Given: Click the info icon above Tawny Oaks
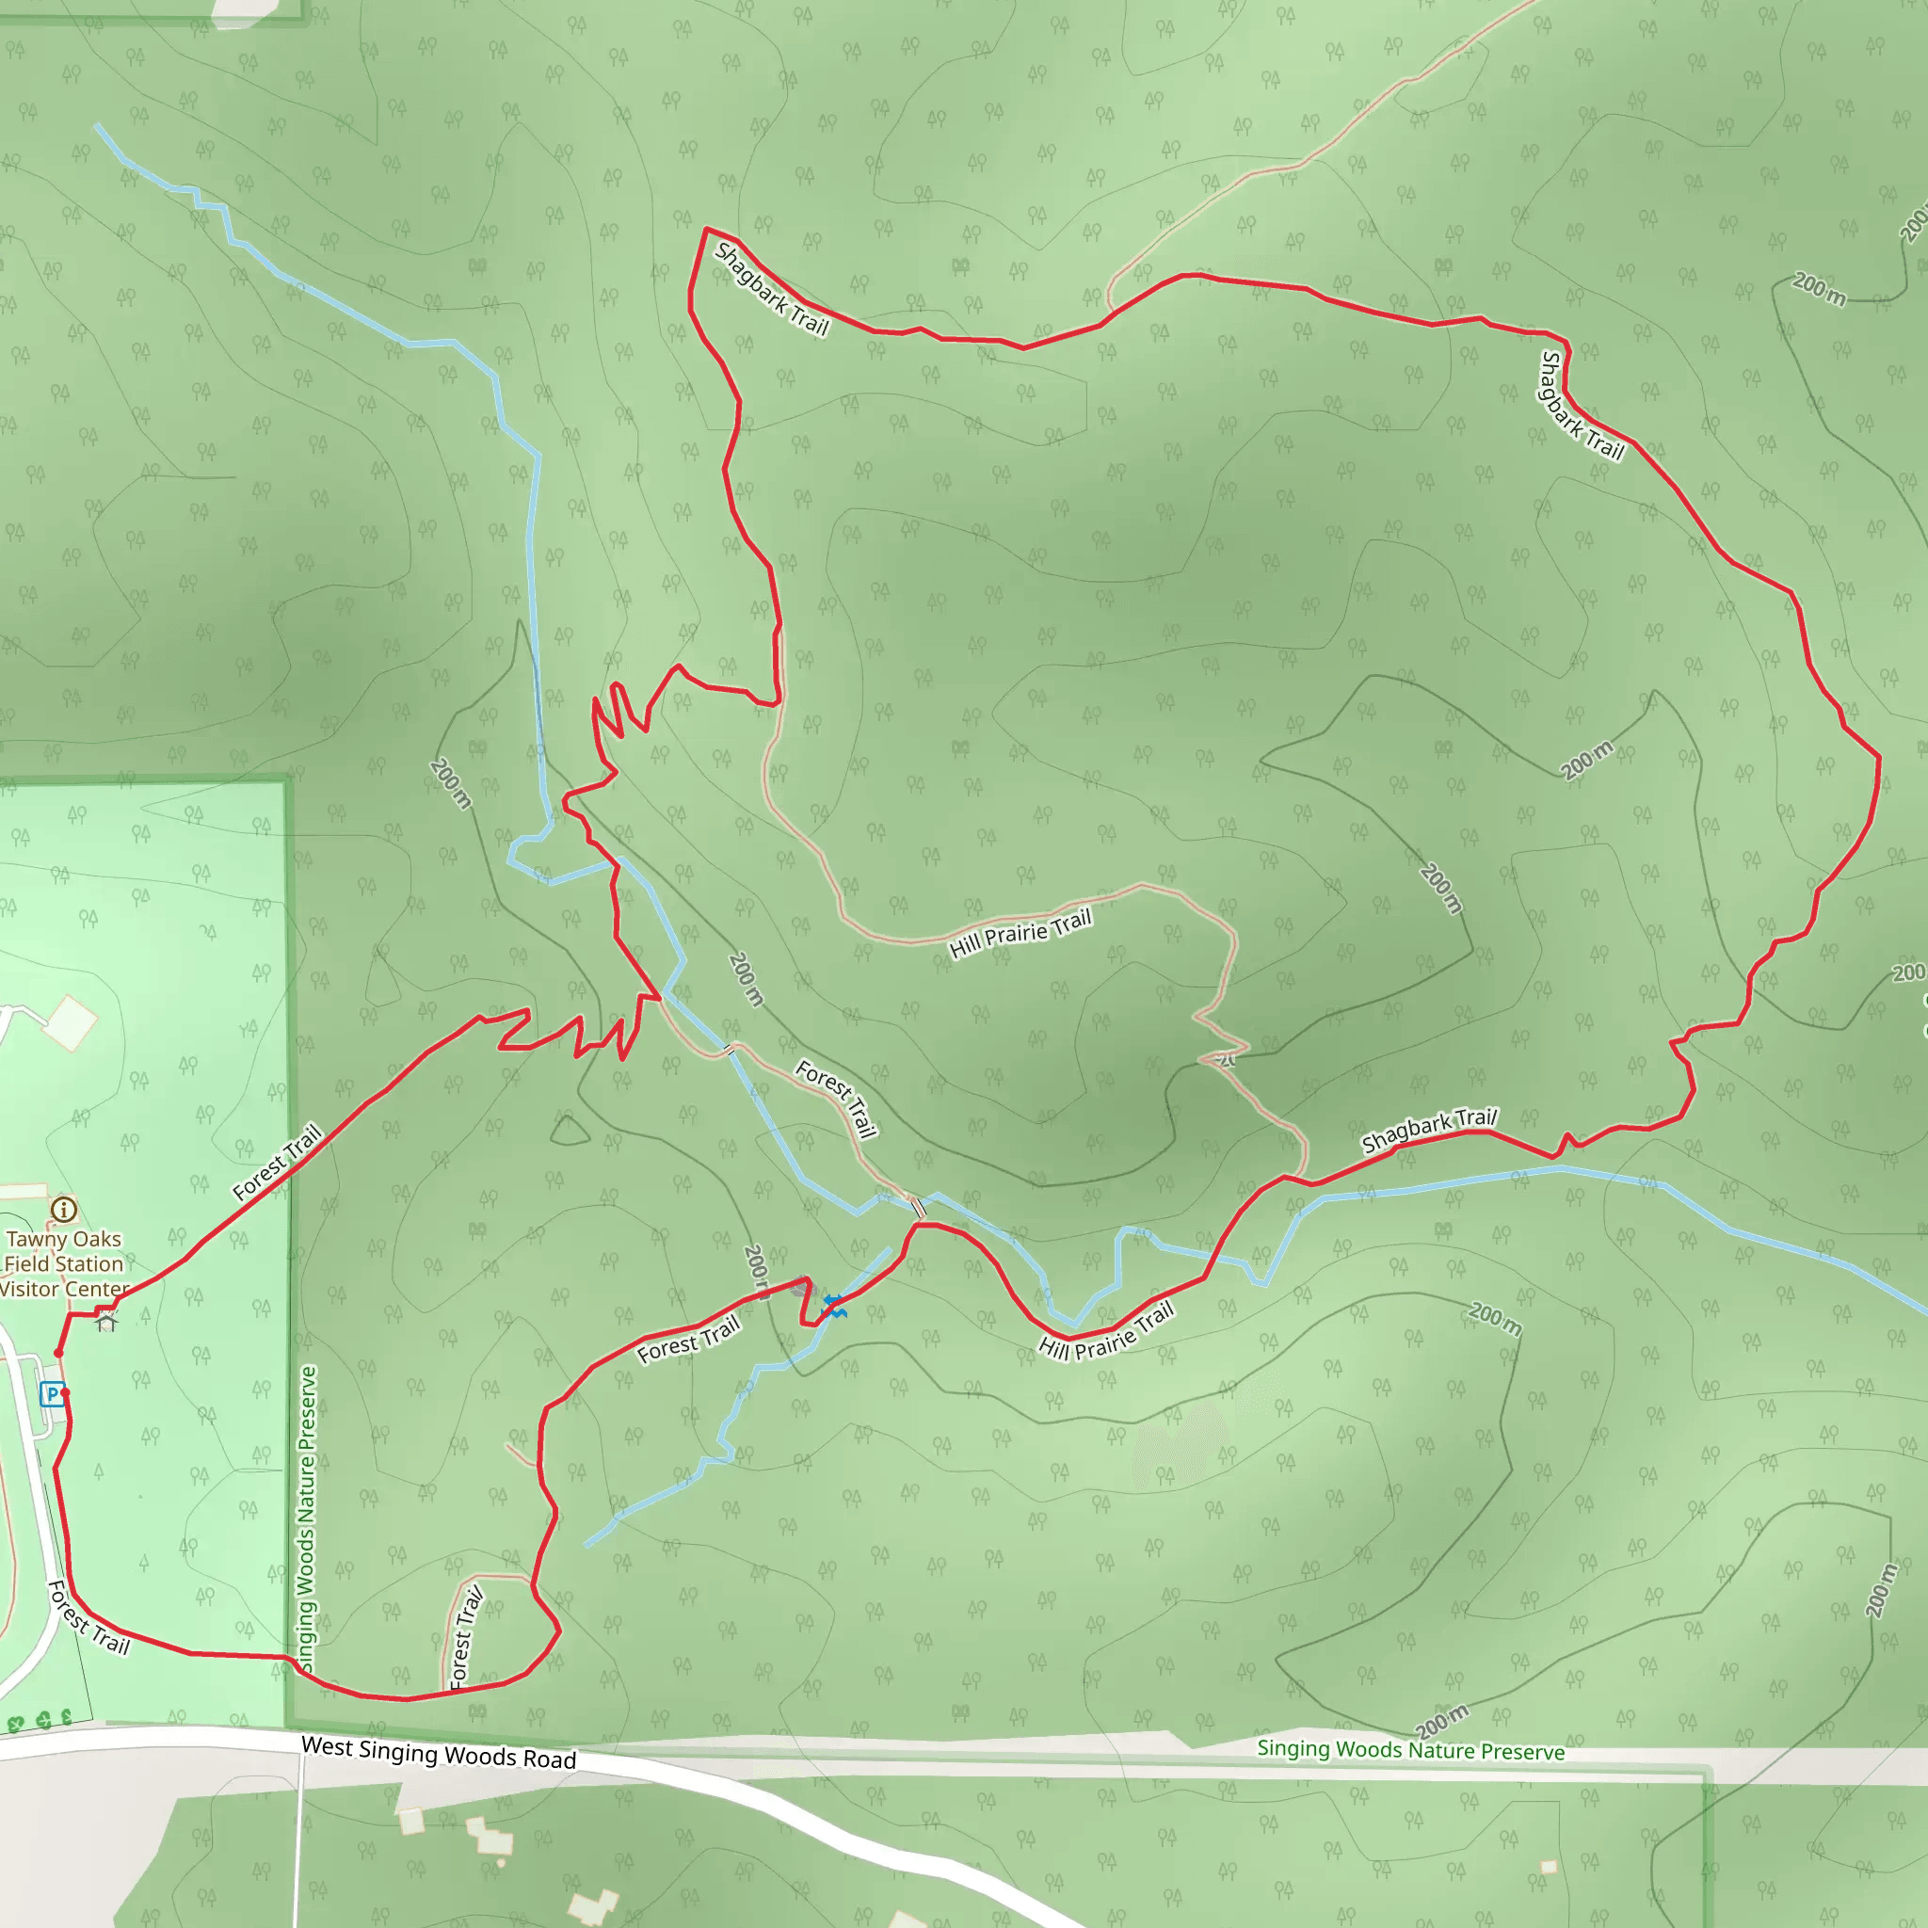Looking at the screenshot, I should coord(64,1210).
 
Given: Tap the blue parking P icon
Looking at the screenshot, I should coord(52,1393).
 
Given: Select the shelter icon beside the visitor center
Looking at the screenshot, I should coord(106,1324).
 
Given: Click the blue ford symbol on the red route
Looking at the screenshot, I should coord(834,1306).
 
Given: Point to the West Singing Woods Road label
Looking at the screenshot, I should coord(439,1753).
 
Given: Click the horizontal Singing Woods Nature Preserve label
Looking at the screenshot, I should coord(1410,1750).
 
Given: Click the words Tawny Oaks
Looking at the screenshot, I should coord(64,1240).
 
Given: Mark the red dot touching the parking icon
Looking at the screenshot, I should coord(65,1391).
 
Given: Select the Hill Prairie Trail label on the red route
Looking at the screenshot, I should coord(1106,1331).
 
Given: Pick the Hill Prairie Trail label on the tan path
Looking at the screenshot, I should coord(1020,933).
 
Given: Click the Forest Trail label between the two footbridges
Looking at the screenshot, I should coord(836,1099).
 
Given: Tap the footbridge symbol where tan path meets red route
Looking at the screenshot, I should coord(919,1209).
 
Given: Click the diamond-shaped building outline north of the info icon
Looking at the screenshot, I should coord(71,1023).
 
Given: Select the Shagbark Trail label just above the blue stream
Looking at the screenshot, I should coord(1429,1131).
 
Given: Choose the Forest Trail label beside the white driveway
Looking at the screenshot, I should coord(88,1617).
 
